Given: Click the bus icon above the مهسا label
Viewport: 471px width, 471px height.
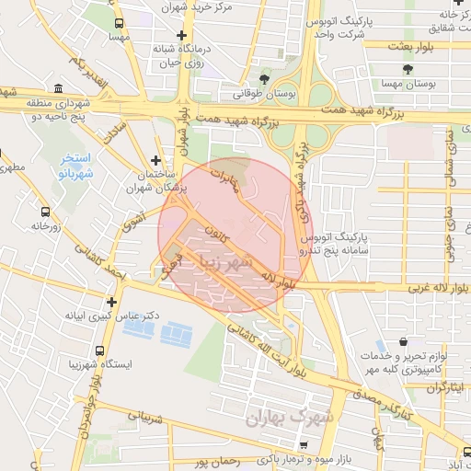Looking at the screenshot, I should click(x=119, y=24).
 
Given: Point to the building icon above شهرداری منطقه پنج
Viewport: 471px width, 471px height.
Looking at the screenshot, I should click(x=58, y=89).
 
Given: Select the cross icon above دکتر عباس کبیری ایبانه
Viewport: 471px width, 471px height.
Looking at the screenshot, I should click(x=111, y=301).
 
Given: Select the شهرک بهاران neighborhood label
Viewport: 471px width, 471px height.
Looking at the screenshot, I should click(x=281, y=419).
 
